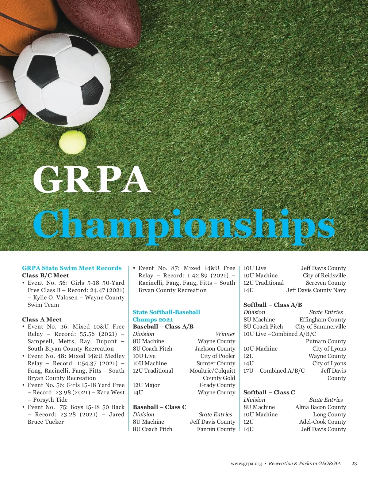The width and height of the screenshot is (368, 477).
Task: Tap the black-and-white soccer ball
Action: coord(62,79)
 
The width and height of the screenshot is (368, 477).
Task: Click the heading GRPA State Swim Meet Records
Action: coord(72,268)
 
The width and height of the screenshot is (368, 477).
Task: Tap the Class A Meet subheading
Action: coord(42,320)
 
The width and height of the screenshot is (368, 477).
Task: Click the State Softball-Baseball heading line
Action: coord(166,312)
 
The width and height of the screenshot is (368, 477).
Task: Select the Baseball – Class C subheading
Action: coord(159,407)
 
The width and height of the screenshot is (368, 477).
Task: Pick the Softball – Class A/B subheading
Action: coord(273,305)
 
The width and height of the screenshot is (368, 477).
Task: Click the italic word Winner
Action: coord(225,334)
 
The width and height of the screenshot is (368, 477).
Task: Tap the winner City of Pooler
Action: coord(218,356)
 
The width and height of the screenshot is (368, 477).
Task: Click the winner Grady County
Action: coord(217,385)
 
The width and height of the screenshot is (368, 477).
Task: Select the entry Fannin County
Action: coord(216,429)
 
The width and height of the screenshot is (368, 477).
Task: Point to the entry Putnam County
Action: coord(326,341)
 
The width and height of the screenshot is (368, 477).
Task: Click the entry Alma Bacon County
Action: coord(320,407)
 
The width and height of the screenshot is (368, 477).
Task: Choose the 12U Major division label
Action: coord(146,385)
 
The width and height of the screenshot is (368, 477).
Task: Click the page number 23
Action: coord(354,464)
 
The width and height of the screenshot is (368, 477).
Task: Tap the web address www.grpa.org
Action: coord(246,464)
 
